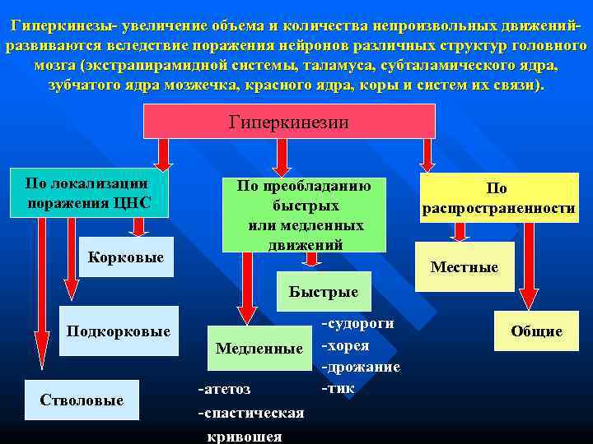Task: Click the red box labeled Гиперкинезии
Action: (x=289, y=121)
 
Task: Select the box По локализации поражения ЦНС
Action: (x=89, y=194)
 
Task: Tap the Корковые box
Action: (x=125, y=257)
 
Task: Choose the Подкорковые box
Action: (x=119, y=331)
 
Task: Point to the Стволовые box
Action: (x=82, y=400)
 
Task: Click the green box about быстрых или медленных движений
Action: (x=305, y=215)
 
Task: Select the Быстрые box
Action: (x=323, y=292)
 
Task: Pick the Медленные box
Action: (x=259, y=349)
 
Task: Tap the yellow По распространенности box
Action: (x=498, y=199)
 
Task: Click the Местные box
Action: (x=465, y=267)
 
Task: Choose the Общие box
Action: (x=536, y=331)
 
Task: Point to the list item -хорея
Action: (x=345, y=345)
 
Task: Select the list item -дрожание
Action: (x=361, y=367)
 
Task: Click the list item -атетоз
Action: (x=225, y=388)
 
